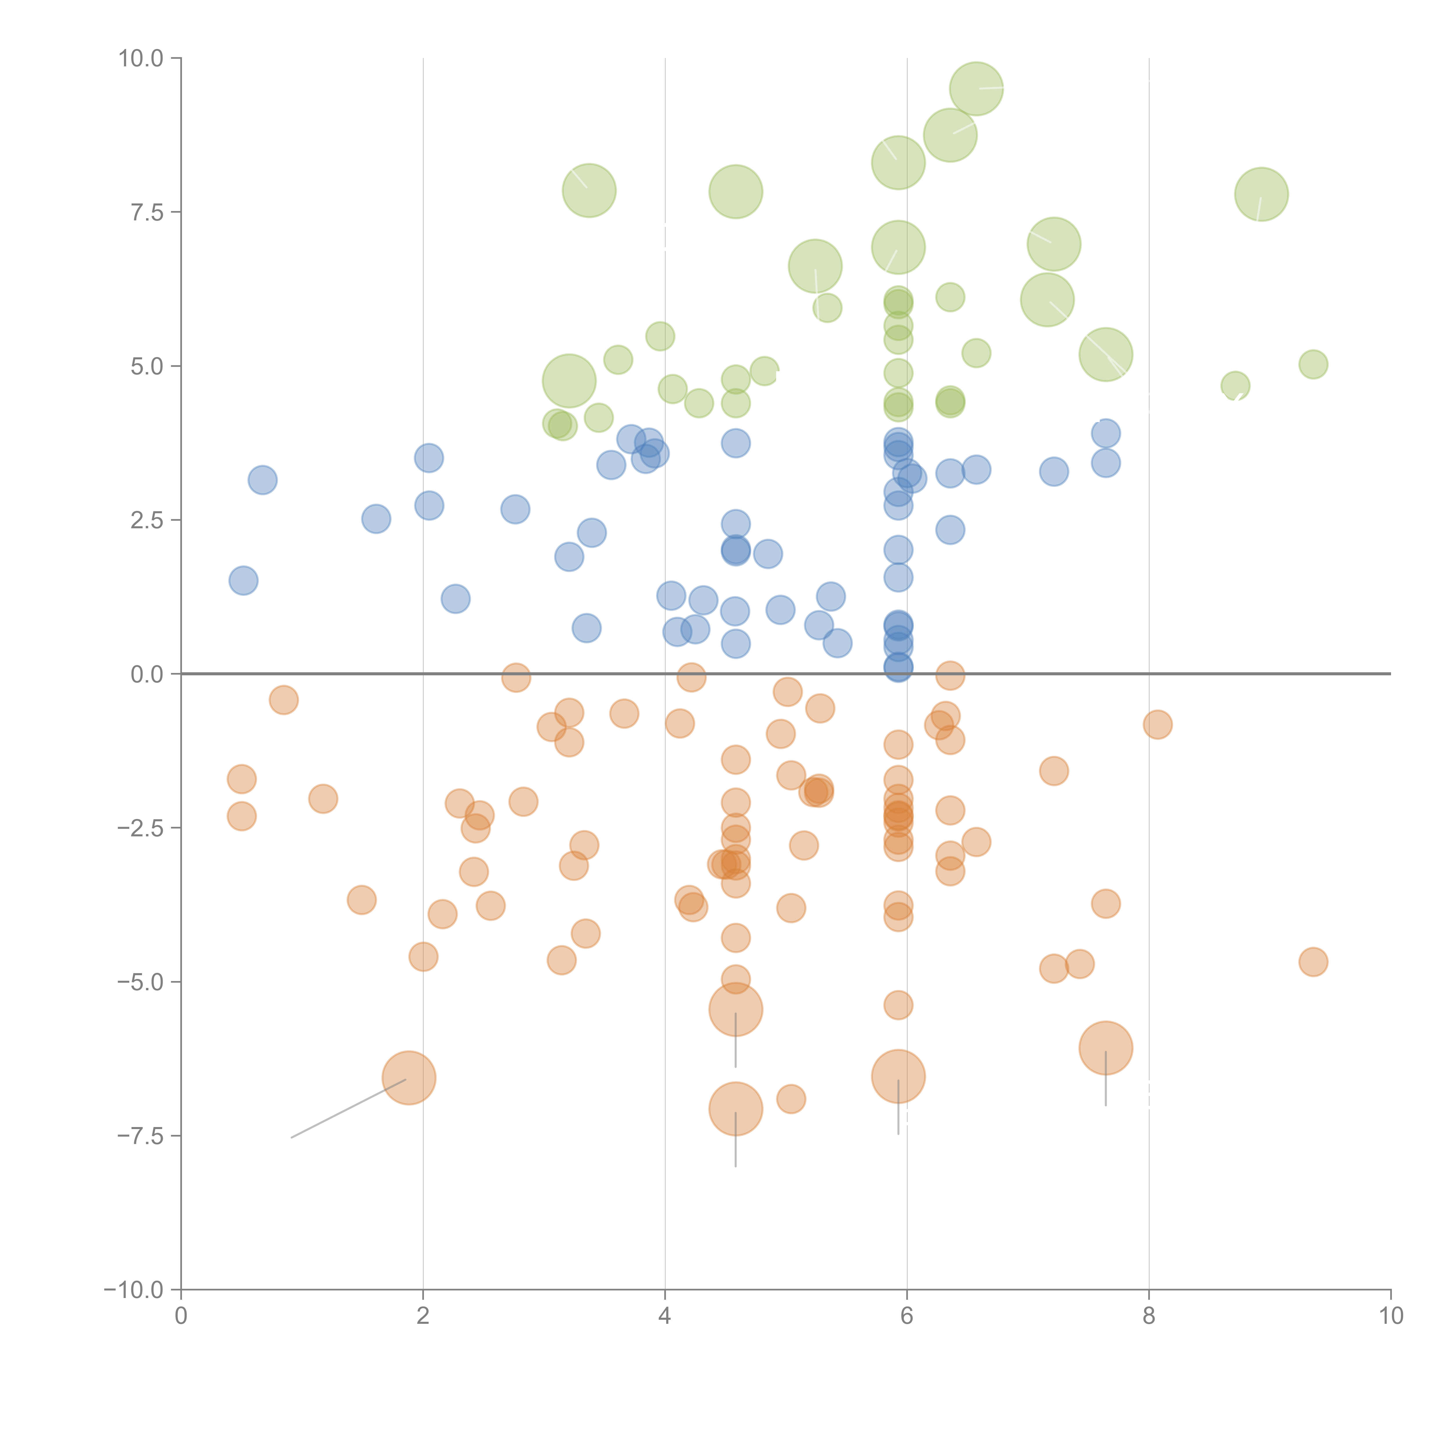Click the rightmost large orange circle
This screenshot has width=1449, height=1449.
tap(1106, 1048)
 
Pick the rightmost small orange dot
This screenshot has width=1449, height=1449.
tap(1313, 962)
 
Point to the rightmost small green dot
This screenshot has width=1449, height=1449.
tap(1313, 365)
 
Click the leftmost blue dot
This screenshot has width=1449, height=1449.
tap(243, 580)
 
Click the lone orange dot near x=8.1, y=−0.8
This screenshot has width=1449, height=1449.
tap(1157, 724)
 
